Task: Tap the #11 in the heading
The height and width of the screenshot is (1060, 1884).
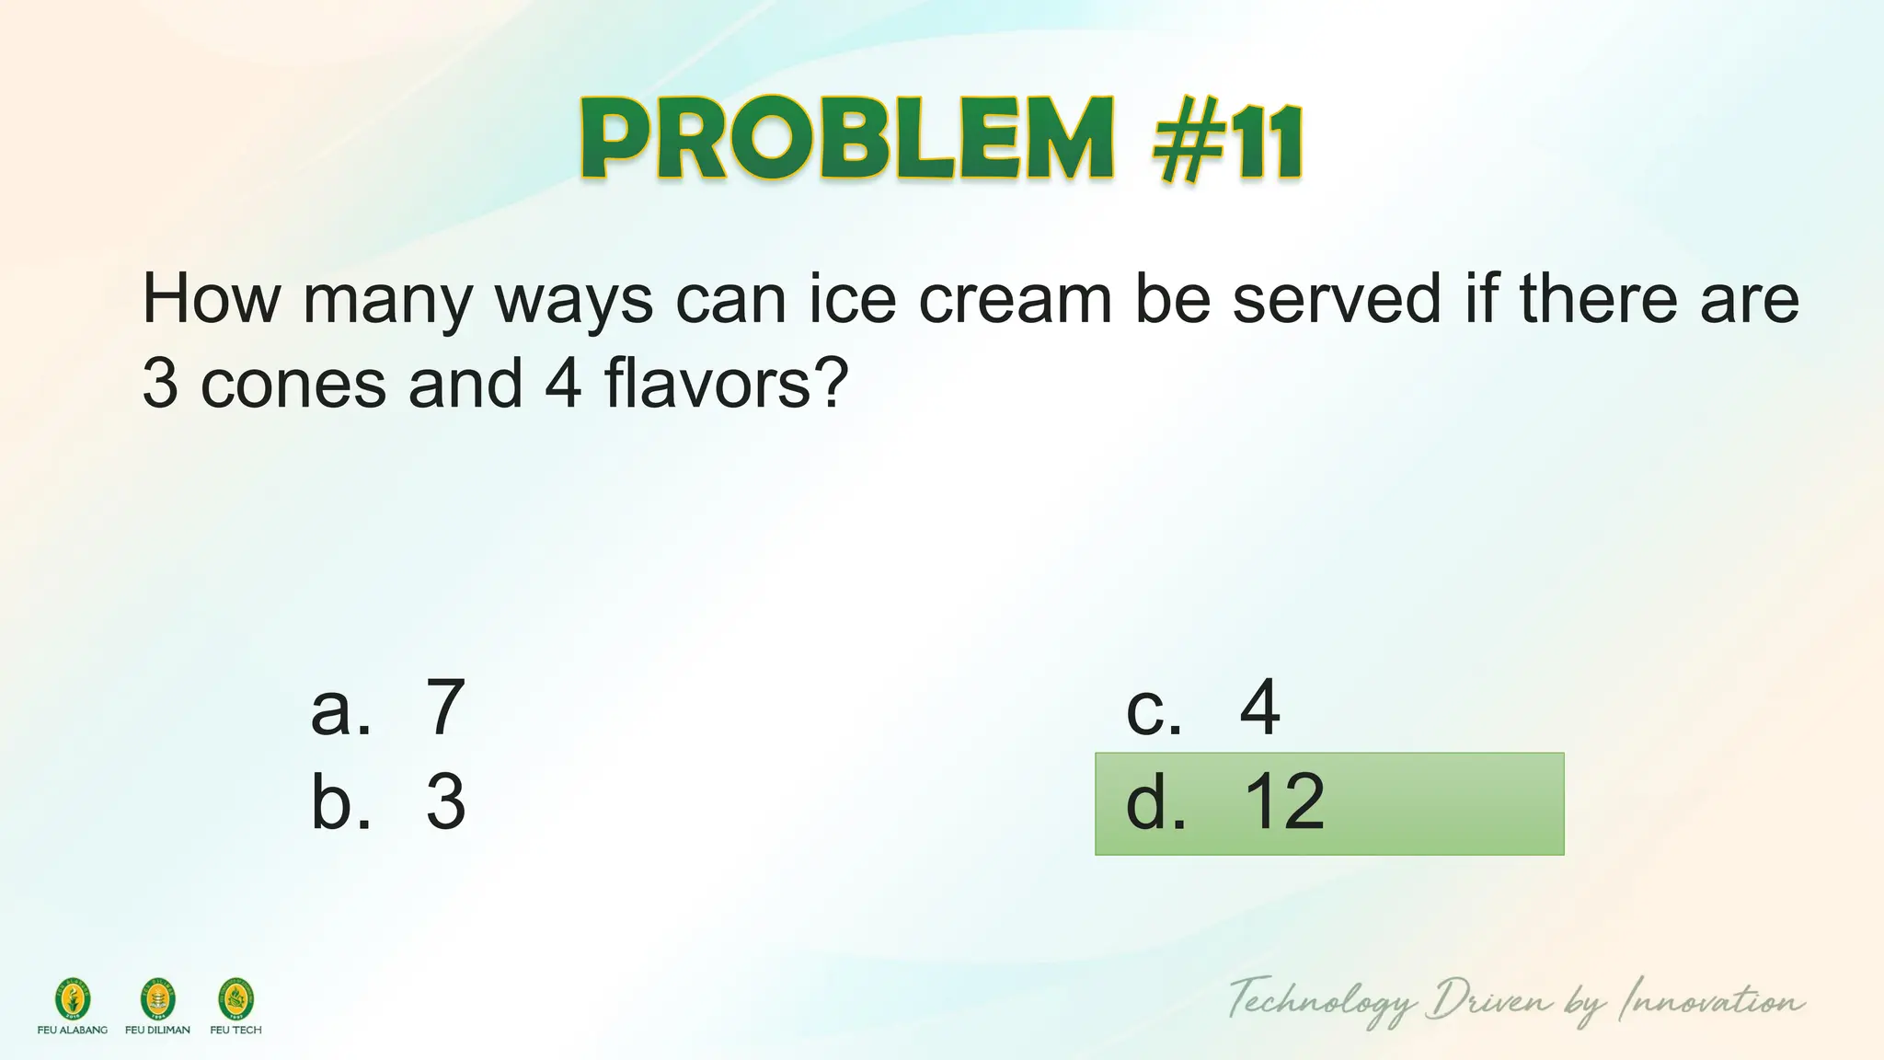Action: click(x=1227, y=143)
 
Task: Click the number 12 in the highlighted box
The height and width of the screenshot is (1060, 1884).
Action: click(x=1284, y=802)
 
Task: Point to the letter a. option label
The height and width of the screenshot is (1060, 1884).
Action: click(x=341, y=709)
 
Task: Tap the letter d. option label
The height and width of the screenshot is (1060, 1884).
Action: click(x=1155, y=802)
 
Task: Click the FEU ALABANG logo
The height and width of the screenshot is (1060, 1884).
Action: click(x=73, y=1000)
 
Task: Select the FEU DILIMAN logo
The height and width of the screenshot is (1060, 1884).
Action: click(x=157, y=1000)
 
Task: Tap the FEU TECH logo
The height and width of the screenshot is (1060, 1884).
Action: click(x=235, y=1000)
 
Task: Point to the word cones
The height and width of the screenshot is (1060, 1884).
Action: click(x=293, y=384)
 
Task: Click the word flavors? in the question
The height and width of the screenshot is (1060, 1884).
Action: click(x=725, y=384)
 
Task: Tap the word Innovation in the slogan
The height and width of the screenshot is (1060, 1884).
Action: click(x=1712, y=1001)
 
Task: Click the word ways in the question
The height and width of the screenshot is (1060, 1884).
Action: click(x=574, y=301)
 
